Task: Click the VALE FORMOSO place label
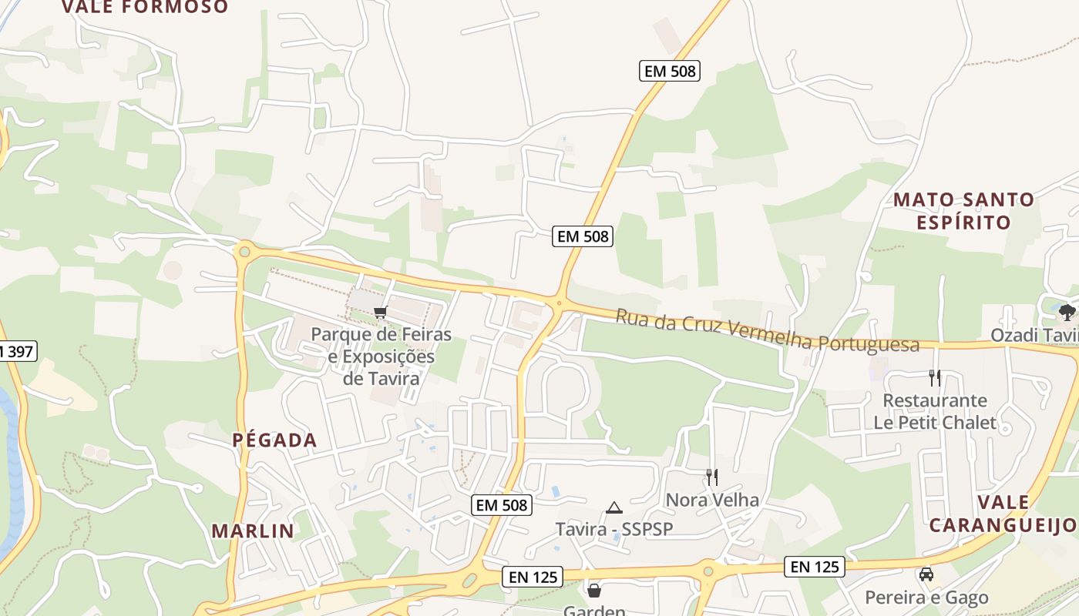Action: point(145,7)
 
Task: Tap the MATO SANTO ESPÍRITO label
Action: point(963,211)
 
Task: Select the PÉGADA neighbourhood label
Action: point(275,440)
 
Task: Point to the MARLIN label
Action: point(253,531)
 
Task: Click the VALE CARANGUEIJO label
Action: point(1002,514)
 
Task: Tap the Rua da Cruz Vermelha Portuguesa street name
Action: point(767,330)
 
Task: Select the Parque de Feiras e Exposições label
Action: point(381,357)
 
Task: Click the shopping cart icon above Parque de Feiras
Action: point(379,313)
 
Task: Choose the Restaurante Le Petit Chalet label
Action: point(934,411)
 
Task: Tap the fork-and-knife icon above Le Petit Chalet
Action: point(935,378)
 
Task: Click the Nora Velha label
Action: point(712,500)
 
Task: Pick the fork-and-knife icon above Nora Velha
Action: point(712,477)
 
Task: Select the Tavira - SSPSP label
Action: point(614,529)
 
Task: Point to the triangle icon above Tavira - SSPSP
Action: point(613,507)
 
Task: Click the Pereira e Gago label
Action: point(926,598)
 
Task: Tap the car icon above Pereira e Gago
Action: point(926,574)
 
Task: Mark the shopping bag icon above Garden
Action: point(594,591)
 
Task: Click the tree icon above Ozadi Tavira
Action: point(1067,312)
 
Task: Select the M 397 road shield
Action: point(15,352)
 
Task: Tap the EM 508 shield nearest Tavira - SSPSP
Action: point(502,505)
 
